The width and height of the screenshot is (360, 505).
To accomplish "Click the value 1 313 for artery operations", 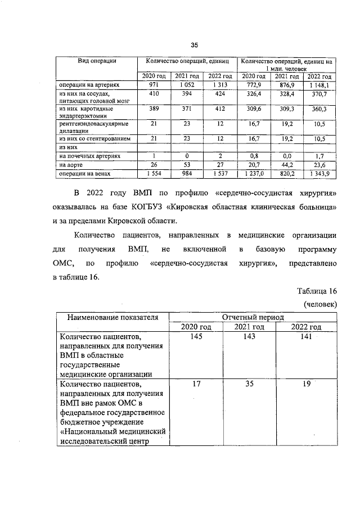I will [x=220, y=84].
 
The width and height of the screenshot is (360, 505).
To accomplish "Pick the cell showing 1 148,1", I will [x=319, y=84].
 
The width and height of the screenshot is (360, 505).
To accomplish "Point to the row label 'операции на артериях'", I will [x=90, y=84].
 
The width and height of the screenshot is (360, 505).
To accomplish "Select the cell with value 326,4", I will [x=254, y=94].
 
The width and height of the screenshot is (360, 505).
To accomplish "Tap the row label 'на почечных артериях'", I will [x=90, y=155].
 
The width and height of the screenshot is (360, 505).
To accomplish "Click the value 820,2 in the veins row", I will [x=287, y=174].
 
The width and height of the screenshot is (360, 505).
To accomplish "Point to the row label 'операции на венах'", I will [x=86, y=174].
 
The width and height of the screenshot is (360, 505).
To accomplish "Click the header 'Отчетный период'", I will [x=253, y=317].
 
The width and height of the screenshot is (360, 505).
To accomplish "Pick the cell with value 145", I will [x=196, y=336].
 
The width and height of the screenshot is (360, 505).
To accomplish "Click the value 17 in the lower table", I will [x=196, y=385].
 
